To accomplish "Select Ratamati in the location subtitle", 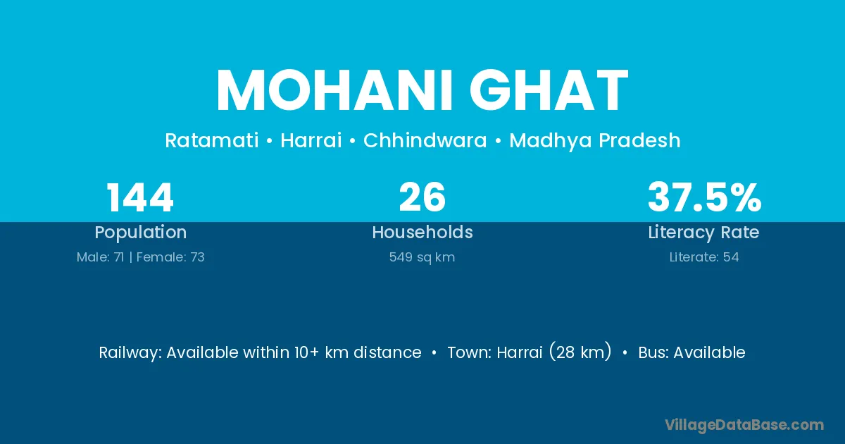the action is pyautogui.click(x=212, y=140).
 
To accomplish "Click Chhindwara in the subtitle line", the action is pyautogui.click(x=425, y=140).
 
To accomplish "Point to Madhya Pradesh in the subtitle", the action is pyautogui.click(x=595, y=141).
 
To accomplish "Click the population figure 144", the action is pyautogui.click(x=140, y=197).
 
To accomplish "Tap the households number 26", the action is pyautogui.click(x=423, y=197).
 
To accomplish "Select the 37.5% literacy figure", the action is pyautogui.click(x=705, y=197).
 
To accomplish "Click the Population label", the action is pyautogui.click(x=141, y=233).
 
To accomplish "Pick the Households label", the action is pyautogui.click(x=423, y=232).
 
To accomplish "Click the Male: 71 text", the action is pyautogui.click(x=100, y=257).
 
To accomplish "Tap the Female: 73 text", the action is pyautogui.click(x=170, y=257).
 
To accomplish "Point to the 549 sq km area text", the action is pyautogui.click(x=422, y=257).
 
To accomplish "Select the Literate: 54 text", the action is pyautogui.click(x=704, y=257).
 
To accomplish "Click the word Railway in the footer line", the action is pyautogui.click(x=130, y=353).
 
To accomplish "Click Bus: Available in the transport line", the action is pyautogui.click(x=691, y=352).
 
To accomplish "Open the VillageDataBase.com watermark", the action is pyautogui.click(x=744, y=425).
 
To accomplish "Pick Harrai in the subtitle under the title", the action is pyautogui.click(x=311, y=140).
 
